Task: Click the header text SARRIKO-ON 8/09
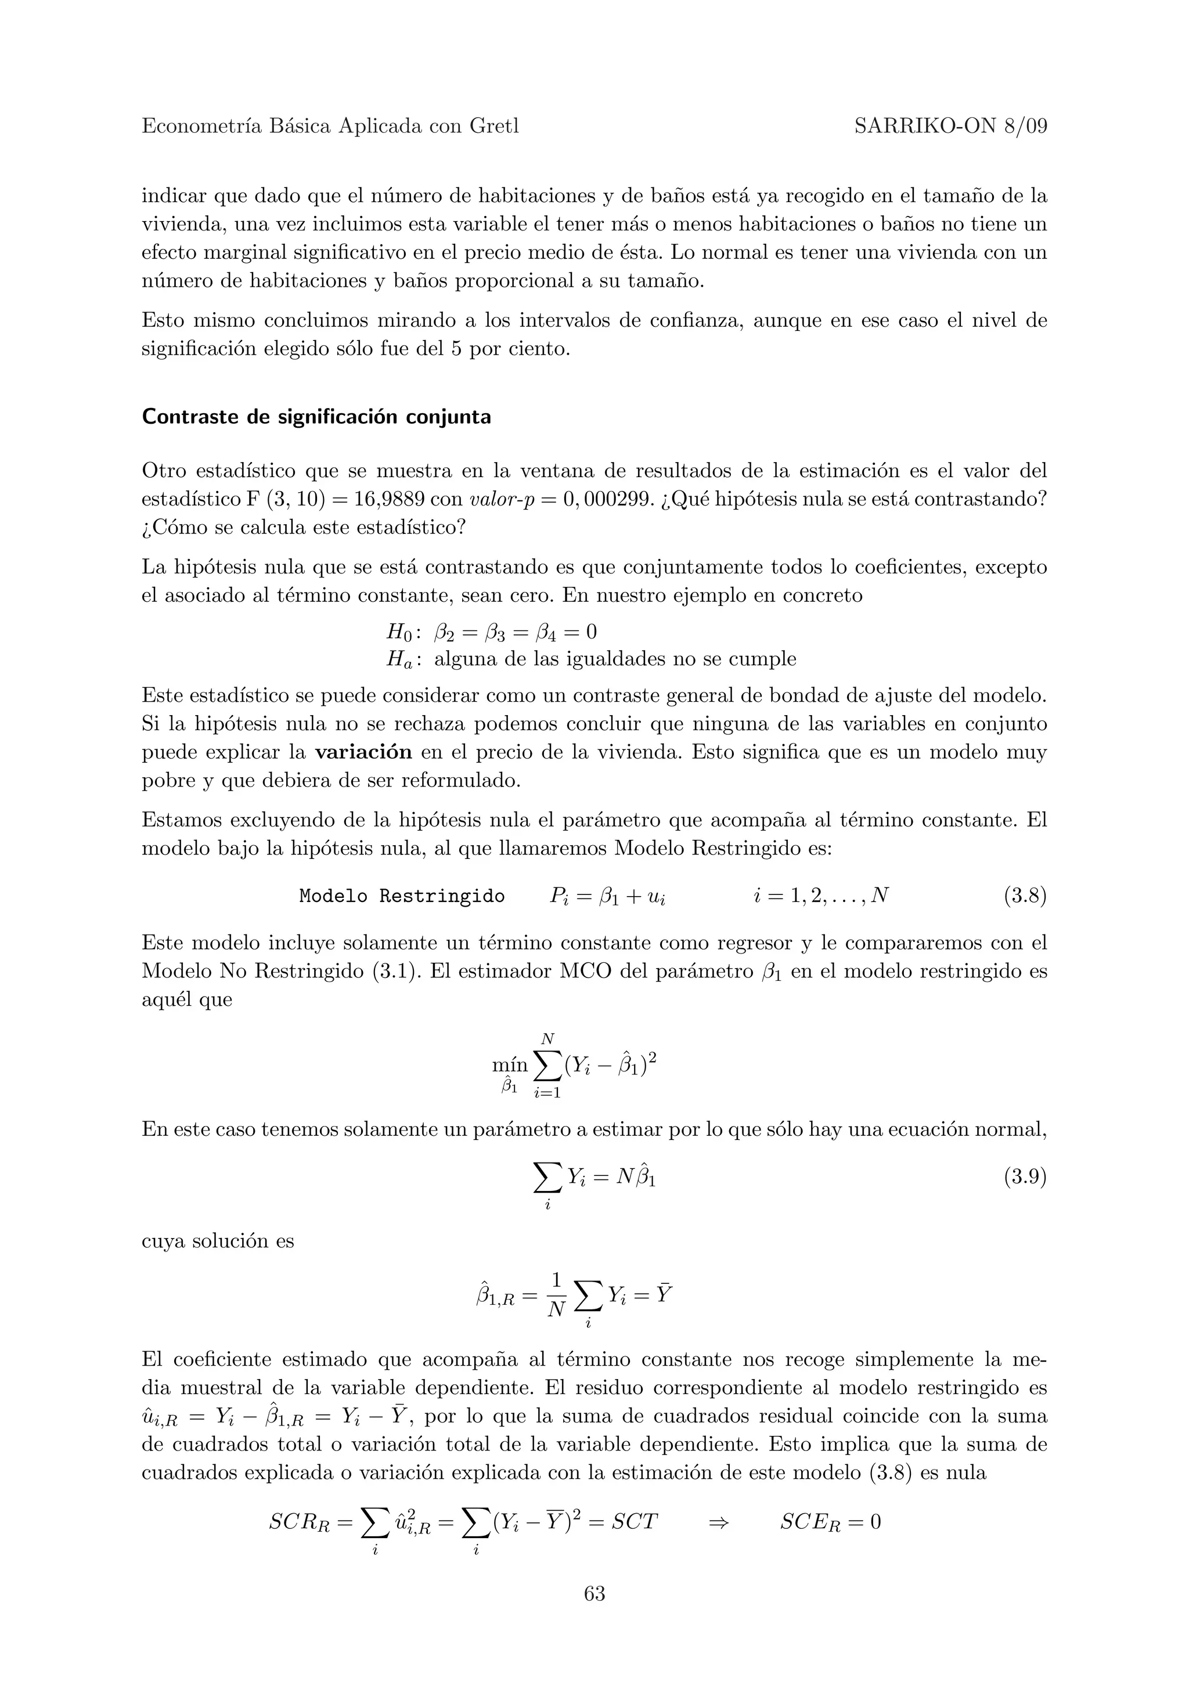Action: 950,127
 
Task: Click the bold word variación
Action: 363,752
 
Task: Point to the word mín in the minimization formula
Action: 509,1064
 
